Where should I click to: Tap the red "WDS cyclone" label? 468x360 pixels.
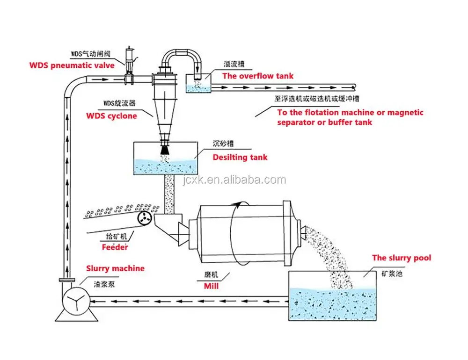[x=111, y=115]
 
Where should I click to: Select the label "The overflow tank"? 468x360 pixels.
[x=257, y=76]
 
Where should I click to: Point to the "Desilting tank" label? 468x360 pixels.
[x=240, y=157]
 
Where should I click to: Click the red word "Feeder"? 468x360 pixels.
[x=115, y=247]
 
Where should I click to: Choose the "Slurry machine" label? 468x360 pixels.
[x=115, y=268]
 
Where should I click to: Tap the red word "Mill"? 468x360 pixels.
[x=211, y=286]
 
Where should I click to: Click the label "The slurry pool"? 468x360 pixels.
[x=402, y=258]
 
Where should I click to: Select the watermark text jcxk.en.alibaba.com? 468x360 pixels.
[x=232, y=180]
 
